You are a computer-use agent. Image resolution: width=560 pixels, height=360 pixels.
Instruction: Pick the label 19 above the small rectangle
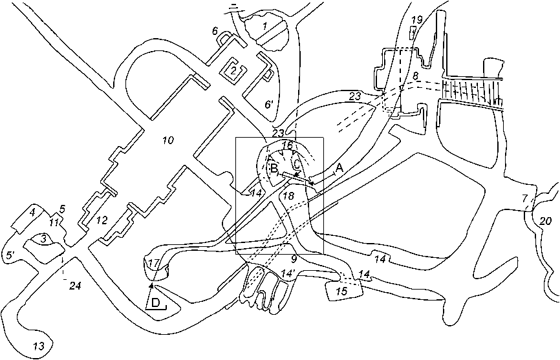(x=416, y=20)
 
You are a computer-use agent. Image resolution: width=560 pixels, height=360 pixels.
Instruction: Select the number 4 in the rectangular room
(x=31, y=211)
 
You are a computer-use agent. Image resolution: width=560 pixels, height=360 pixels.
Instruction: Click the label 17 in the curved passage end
(x=153, y=264)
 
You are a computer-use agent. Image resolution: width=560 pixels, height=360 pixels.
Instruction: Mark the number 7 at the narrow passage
(x=525, y=198)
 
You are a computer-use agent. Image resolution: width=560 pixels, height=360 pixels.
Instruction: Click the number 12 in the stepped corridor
(x=102, y=220)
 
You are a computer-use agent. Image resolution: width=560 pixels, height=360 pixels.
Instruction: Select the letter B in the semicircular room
(x=274, y=169)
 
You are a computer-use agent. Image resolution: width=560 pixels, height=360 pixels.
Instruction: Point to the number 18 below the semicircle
(x=288, y=195)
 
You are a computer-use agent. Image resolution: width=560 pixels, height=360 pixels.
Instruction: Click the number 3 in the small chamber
(x=43, y=239)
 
